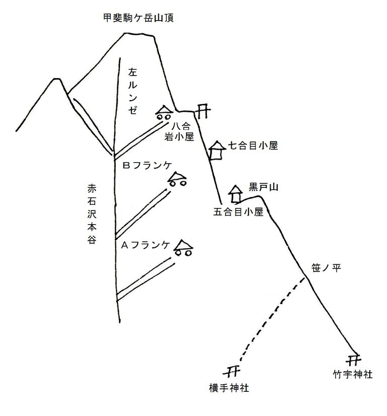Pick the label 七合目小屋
click(253, 146)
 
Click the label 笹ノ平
click(327, 268)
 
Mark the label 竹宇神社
click(352, 375)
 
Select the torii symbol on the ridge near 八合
click(203, 110)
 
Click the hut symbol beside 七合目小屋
click(216, 150)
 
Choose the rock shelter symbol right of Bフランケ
click(177, 179)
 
